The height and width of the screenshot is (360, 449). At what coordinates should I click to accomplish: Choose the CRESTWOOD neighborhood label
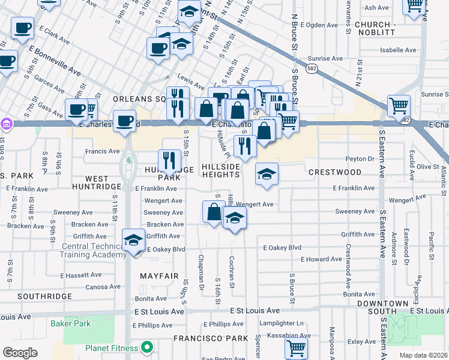point(335,172)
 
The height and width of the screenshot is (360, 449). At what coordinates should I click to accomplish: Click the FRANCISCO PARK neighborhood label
point(211,338)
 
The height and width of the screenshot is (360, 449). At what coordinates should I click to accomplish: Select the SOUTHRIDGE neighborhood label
point(44,297)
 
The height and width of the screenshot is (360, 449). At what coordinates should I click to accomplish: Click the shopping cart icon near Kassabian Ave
point(296,347)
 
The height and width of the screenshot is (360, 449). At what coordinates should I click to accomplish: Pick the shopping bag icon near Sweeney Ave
point(214,212)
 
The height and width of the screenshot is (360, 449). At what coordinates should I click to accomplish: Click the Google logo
point(20,353)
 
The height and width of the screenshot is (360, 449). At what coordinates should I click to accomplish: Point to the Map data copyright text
point(423,355)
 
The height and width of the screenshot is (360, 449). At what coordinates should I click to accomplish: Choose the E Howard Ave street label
point(321,259)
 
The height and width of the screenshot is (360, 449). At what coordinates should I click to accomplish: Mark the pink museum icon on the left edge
point(5,124)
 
